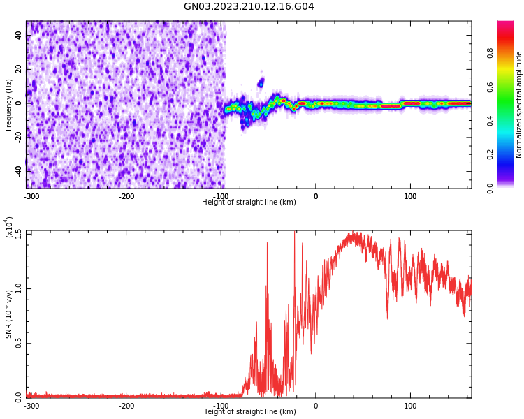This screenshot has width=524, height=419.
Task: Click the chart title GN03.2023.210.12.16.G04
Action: click(249, 7)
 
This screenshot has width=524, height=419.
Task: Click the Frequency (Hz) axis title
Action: click(9, 105)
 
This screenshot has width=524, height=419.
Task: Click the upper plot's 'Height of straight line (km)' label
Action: click(249, 203)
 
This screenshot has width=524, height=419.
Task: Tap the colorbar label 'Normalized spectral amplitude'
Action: click(519, 105)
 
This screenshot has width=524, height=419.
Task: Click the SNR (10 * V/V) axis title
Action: click(9, 314)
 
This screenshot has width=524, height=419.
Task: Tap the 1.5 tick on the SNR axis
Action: click(18, 233)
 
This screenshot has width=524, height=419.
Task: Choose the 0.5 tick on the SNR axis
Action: click(18, 343)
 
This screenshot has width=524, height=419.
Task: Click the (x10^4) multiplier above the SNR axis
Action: click(9, 228)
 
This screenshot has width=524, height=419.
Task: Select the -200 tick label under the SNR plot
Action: click(126, 406)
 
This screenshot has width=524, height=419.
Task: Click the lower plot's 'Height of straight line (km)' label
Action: click(249, 412)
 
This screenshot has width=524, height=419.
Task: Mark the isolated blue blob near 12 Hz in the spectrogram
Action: click(261, 82)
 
